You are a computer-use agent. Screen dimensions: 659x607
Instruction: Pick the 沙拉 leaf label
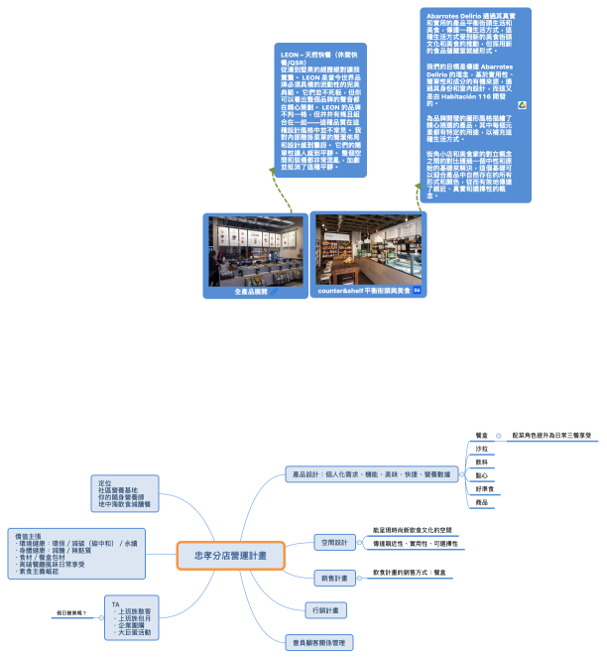coord(482,449)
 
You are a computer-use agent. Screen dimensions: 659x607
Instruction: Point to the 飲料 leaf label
coord(482,462)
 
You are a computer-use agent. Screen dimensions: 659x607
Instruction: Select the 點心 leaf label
coord(482,475)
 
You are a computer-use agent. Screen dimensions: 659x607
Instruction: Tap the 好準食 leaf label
coord(485,489)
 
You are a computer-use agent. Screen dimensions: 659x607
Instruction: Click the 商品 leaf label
coord(482,503)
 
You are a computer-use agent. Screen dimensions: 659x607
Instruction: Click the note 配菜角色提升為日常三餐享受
coord(551,435)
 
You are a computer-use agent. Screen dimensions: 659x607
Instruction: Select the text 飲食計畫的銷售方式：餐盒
coord(411,573)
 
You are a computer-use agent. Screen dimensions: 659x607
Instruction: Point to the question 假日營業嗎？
coord(71,612)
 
